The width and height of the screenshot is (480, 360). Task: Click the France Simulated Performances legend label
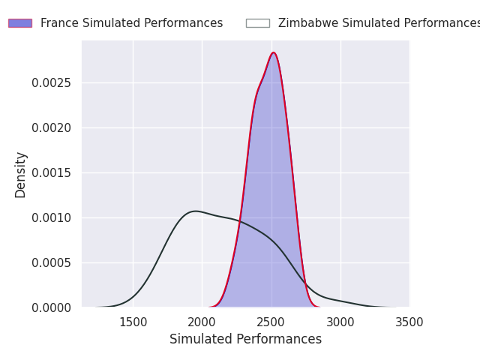click(x=131, y=23)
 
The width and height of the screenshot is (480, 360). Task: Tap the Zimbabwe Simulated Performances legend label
click(x=379, y=23)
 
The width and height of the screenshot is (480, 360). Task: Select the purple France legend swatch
click(x=20, y=23)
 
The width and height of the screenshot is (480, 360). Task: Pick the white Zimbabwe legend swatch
click(x=257, y=23)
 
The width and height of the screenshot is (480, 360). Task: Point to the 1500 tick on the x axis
click(x=133, y=322)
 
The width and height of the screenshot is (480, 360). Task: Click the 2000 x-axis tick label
click(x=202, y=322)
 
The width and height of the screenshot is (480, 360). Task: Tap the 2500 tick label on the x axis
click(x=271, y=322)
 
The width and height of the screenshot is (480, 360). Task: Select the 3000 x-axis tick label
click(x=340, y=322)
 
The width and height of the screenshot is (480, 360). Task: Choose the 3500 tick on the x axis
click(x=409, y=322)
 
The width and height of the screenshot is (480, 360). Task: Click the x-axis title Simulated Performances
click(x=245, y=339)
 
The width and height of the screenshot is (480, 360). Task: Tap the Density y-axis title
click(x=20, y=174)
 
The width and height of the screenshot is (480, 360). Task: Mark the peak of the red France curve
click(x=274, y=52)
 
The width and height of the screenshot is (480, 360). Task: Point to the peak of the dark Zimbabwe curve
click(x=196, y=211)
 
